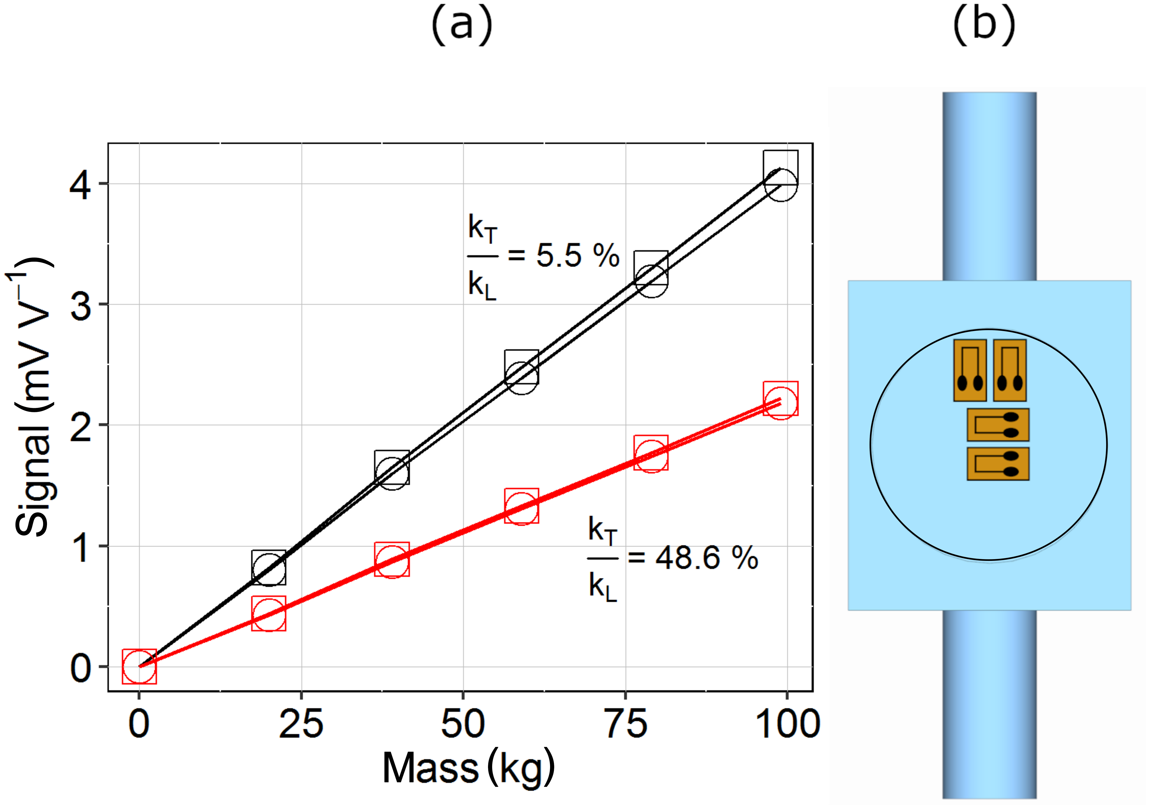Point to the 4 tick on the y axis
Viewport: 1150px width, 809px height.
[80, 186]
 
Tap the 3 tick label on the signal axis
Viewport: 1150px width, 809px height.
[80, 306]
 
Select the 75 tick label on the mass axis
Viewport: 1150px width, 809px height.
[626, 724]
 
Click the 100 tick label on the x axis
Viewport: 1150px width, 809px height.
[787, 724]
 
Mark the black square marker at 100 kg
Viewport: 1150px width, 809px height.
[780, 167]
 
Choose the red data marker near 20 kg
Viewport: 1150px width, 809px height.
[269, 613]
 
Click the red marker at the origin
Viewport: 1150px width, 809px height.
[139, 666]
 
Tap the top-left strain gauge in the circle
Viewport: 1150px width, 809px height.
[970, 370]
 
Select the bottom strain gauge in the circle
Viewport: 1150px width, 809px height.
[998, 464]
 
